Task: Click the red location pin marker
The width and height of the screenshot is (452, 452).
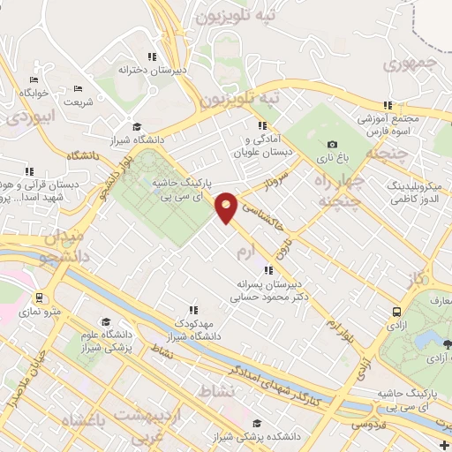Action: pyautogui.click(x=227, y=206)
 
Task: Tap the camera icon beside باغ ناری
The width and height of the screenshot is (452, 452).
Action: pyautogui.click(x=332, y=145)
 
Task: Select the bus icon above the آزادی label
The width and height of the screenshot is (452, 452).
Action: pyautogui.click(x=396, y=312)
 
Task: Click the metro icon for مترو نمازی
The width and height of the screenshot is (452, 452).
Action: pyautogui.click(x=40, y=298)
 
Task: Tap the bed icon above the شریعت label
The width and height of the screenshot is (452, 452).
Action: pyautogui.click(x=78, y=89)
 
